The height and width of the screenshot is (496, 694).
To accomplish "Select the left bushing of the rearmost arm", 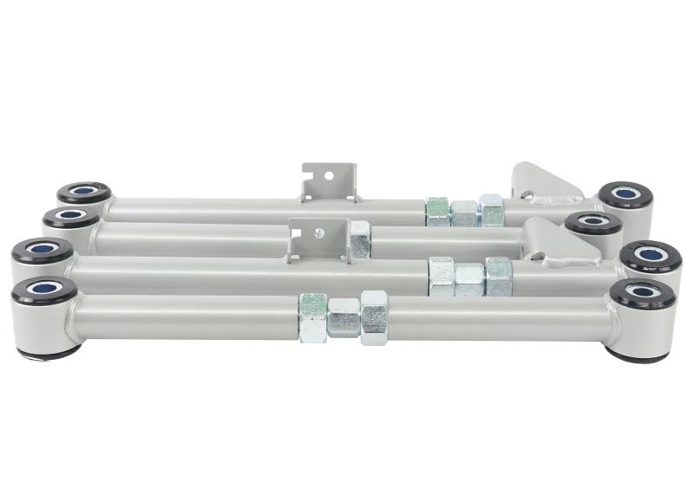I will pos(84,193).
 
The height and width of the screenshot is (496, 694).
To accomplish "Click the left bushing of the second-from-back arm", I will pos(70,216).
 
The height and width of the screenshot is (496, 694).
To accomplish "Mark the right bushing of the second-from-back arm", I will pos(593,223).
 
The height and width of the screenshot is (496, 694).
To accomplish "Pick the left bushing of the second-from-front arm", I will pos(42,252).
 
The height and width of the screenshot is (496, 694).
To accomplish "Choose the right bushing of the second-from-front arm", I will pos(651,255).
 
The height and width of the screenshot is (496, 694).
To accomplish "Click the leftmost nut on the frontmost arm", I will pos(313,317).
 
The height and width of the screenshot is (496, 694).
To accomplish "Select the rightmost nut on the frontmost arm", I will pos(374,317).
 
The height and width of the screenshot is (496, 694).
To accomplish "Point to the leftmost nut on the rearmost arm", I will pos(437,211).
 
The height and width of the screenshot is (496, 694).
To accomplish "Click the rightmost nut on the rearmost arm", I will pos(491,210).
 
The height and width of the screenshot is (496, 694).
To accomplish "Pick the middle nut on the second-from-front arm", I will pos(468,277).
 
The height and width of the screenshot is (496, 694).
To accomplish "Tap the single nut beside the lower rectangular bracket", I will pos(359,238).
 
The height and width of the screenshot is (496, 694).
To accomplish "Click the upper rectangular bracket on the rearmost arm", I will pos(330,179).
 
